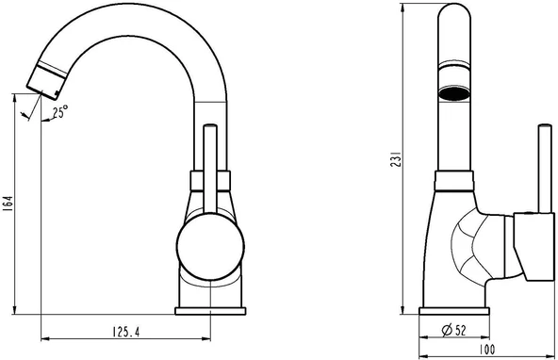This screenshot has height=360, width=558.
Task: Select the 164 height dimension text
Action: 8,203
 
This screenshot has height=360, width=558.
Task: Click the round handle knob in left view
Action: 210,249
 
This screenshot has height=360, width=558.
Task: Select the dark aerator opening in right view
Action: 454,94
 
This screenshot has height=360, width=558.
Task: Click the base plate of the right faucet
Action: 454,310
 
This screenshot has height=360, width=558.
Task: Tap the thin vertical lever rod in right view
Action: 542,170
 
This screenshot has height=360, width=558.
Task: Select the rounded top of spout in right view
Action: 454,19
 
